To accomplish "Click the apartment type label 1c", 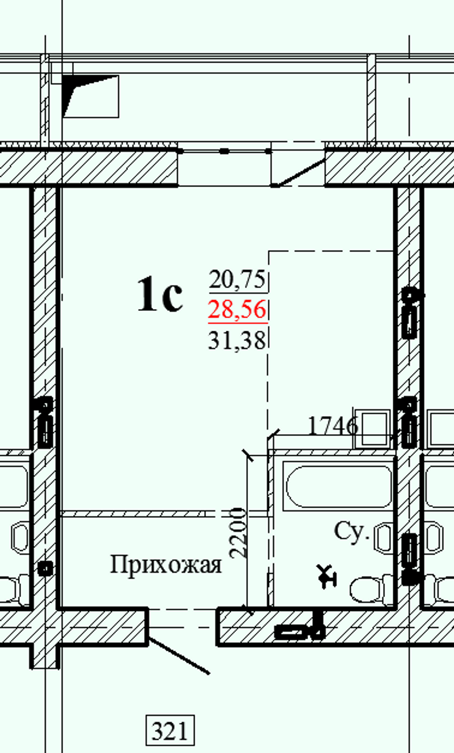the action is pyautogui.click(x=160, y=294).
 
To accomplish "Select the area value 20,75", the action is pyautogui.click(x=237, y=280).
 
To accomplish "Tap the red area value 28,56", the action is pyautogui.click(x=237, y=309).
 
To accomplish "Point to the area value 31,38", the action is pyautogui.click(x=237, y=340).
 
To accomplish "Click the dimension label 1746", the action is pyautogui.click(x=333, y=426).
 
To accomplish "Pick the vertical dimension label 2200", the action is pyautogui.click(x=238, y=532).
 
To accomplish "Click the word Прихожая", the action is pyautogui.click(x=166, y=565).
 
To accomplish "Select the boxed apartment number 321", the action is pyautogui.click(x=170, y=730).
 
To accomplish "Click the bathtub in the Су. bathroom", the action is pyautogui.click(x=339, y=486).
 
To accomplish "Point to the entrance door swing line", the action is pyautogui.click(x=179, y=655).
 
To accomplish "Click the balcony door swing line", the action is pyautogui.click(x=300, y=172).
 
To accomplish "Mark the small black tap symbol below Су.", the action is pyautogui.click(x=326, y=576).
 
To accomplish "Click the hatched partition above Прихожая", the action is pyautogui.click(x=132, y=514).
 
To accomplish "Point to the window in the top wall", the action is pyautogui.click(x=224, y=167).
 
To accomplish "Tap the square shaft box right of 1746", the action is pyautogui.click(x=373, y=429).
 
